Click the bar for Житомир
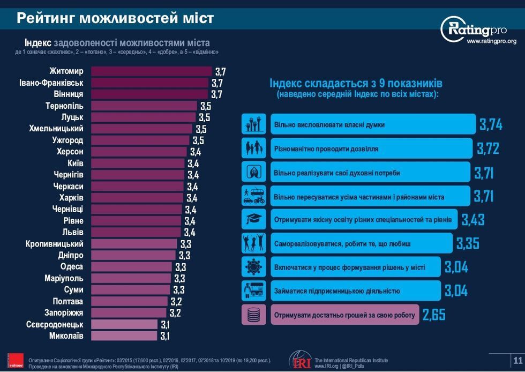click(x=152, y=71)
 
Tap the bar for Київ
click(x=138, y=163)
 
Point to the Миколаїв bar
click(x=125, y=336)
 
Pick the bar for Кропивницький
click(x=134, y=244)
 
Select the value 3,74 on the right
click(x=491, y=124)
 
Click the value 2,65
click(x=433, y=315)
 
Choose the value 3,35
click(x=467, y=243)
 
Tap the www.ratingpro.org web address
click(x=491, y=41)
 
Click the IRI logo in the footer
click(x=299, y=360)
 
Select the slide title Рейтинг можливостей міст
click(x=115, y=18)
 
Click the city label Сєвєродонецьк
click(x=55, y=324)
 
